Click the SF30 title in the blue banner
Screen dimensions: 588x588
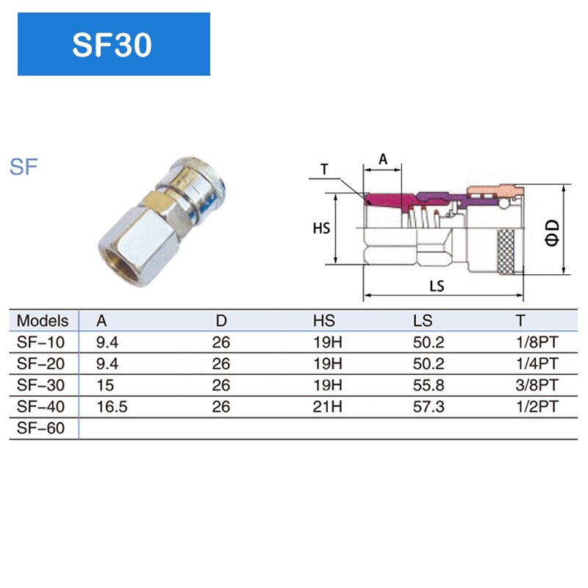tap(112, 45)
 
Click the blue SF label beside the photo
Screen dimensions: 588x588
tap(24, 167)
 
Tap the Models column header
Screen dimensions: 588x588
tap(43, 321)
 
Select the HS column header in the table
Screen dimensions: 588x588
tap(323, 321)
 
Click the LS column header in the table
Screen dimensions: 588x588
tap(423, 321)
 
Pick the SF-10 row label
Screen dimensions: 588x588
tap(40, 342)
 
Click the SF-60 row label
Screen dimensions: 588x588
tap(40, 429)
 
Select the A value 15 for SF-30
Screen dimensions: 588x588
tap(105, 385)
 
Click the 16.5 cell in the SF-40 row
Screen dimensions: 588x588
tap(112, 407)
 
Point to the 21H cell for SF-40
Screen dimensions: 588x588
tap(327, 407)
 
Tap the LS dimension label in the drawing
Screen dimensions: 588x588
tap(437, 287)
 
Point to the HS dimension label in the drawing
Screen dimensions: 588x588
tap(321, 229)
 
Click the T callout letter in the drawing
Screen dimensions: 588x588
tap(324, 169)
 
